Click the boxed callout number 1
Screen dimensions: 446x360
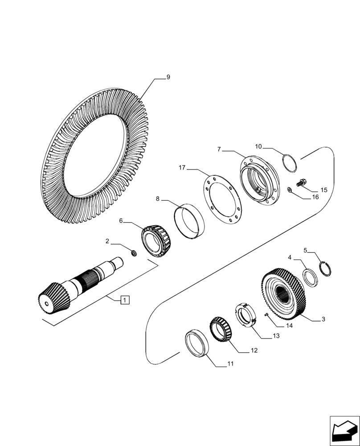pos(125,300)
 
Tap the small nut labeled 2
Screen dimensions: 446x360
pos(132,253)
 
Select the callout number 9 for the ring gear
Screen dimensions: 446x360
pos(168,77)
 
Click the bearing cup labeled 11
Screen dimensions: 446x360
pos(196,343)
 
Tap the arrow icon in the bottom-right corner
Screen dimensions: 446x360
pos(344,430)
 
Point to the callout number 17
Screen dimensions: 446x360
pos(182,168)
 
